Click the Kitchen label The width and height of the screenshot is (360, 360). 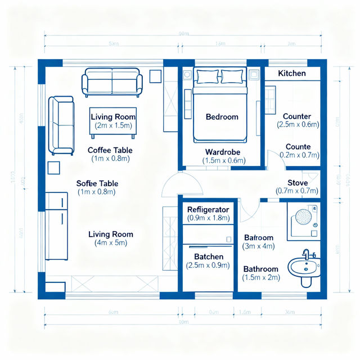coord(292,74)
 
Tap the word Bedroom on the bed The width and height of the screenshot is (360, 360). coord(222,117)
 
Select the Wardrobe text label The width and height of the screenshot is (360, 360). coord(223,152)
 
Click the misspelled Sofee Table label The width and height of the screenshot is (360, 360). coord(97,184)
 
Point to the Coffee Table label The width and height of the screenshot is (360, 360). coord(110,150)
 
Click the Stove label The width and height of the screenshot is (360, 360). coord(298,183)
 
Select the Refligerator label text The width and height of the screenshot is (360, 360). coord(208,209)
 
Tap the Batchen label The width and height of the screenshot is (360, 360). coord(205,256)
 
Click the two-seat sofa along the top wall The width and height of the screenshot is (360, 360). coord(112,82)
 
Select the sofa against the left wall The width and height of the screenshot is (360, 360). coord(61,125)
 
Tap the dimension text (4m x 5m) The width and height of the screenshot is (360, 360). coord(110,243)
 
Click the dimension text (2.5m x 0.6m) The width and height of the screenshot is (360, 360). coord(298,125)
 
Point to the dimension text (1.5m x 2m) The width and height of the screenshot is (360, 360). coord(260,278)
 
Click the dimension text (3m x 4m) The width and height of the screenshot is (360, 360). coord(258,246)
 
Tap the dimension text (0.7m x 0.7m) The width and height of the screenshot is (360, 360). coord(298,191)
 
